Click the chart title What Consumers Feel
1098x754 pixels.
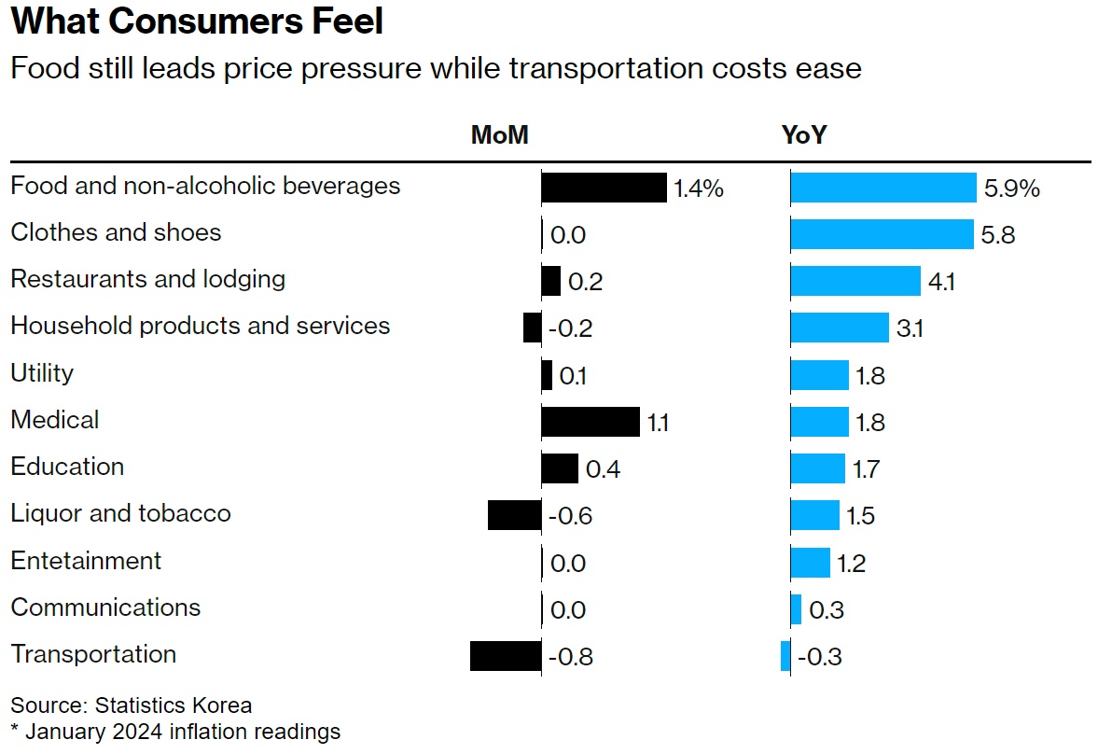pos(197,22)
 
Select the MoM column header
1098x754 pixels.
pos(499,136)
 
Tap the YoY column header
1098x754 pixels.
pos(803,136)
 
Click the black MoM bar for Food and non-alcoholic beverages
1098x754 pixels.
pos(604,188)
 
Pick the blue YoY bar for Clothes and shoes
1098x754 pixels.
pos(882,234)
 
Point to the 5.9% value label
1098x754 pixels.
pos(1011,188)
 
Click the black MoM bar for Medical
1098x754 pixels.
pos(591,422)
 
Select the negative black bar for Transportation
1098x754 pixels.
pos(506,656)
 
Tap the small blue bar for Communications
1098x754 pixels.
pos(796,609)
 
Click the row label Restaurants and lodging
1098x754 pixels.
pos(148,279)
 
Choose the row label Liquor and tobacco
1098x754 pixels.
pos(120,513)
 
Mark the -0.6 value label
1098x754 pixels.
pos(570,516)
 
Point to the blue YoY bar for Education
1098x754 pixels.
pos(817,468)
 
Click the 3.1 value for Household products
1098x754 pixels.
pos(910,328)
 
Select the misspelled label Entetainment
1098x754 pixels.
pos(86,560)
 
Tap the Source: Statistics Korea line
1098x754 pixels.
pos(132,705)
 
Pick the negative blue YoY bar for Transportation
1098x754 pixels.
pos(785,656)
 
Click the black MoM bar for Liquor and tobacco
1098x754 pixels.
pos(514,515)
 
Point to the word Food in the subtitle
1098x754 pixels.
pos(39,68)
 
